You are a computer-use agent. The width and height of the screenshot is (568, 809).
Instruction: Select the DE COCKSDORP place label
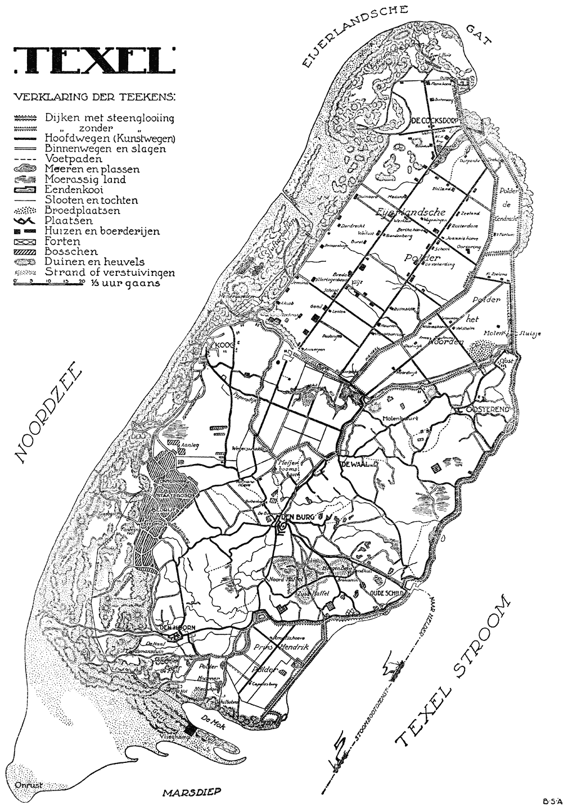432,121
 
